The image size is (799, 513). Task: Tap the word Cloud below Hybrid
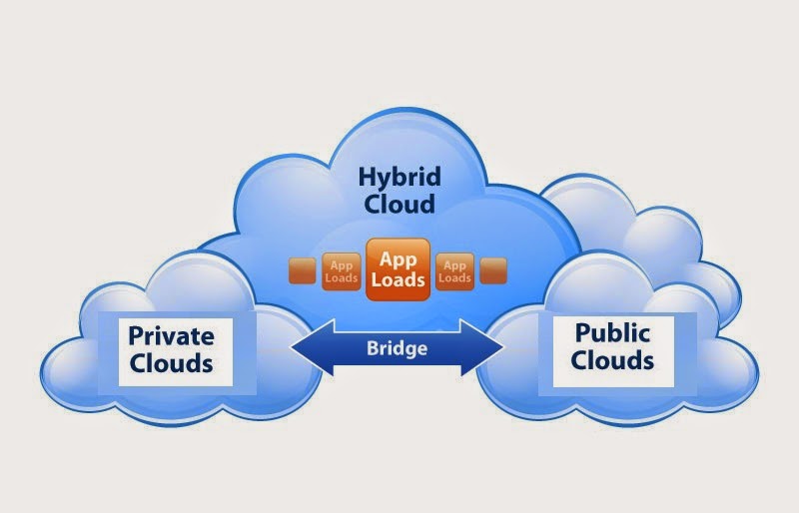coord(399,206)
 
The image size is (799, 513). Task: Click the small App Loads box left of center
coord(340,270)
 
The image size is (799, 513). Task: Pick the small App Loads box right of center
coord(455,270)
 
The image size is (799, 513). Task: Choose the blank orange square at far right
coord(493,270)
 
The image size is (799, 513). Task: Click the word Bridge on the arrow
coord(397,348)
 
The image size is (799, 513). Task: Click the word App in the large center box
coord(398,256)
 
